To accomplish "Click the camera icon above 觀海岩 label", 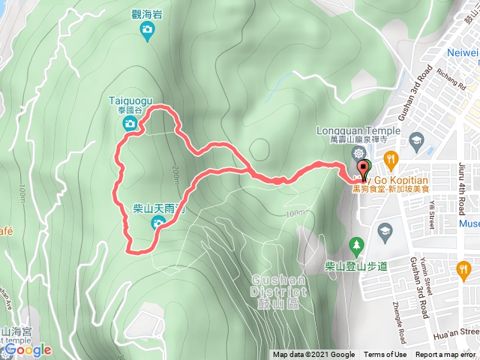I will [x=148, y=29].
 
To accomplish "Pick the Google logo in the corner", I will [x=27, y=349].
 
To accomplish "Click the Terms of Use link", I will [x=385, y=355].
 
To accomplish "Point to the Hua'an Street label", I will [x=458, y=330].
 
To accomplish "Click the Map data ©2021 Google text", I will [x=313, y=355].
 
